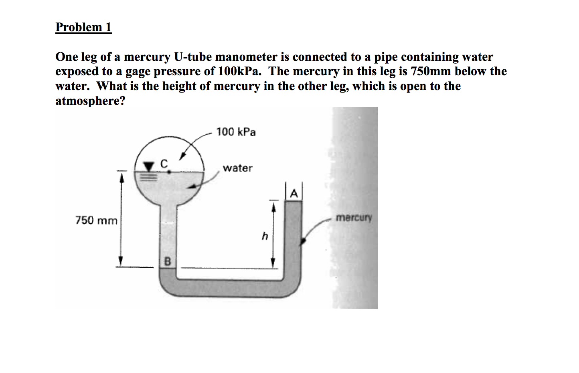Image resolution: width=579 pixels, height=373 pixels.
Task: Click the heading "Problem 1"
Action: (83, 27)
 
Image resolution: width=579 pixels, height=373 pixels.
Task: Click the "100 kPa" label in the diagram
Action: (236, 132)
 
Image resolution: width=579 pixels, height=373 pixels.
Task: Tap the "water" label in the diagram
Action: (237, 168)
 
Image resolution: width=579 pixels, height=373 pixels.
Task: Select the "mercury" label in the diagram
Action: (354, 218)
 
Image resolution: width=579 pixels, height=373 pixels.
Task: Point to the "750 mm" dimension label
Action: (96, 221)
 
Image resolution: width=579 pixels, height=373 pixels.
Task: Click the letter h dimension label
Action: (264, 237)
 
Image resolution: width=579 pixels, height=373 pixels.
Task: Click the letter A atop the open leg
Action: (294, 194)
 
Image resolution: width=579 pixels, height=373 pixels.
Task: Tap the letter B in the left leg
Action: (168, 262)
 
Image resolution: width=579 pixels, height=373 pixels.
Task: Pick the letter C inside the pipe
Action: (163, 163)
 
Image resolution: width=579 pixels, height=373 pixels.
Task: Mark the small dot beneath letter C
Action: (169, 172)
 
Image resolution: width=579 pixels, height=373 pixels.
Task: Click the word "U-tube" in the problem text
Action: (192, 57)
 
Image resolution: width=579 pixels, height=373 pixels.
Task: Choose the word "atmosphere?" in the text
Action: (90, 101)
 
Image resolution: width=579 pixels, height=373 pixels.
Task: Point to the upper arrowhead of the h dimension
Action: (273, 207)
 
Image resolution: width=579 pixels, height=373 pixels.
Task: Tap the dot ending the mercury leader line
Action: (303, 241)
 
